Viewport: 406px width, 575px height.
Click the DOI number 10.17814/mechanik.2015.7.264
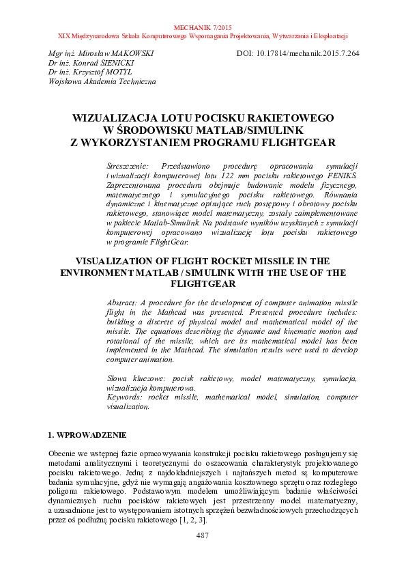click(x=307, y=53)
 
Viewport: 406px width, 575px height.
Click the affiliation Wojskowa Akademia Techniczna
click(x=102, y=81)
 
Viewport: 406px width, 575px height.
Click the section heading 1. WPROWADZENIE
click(x=87, y=434)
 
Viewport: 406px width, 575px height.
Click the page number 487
click(x=203, y=536)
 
